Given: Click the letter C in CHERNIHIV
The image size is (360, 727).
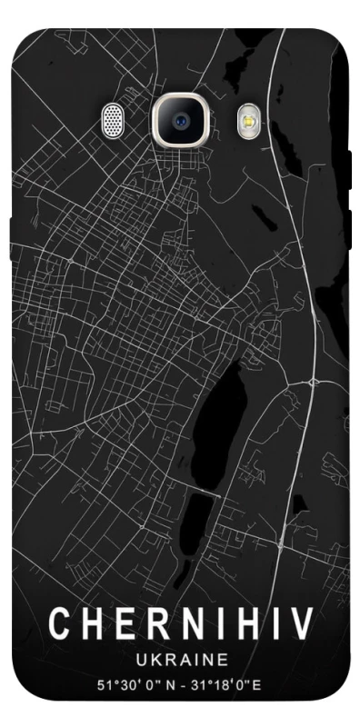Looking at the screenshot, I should (x=60, y=624).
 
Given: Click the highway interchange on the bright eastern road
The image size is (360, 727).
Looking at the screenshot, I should (x=312, y=378).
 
